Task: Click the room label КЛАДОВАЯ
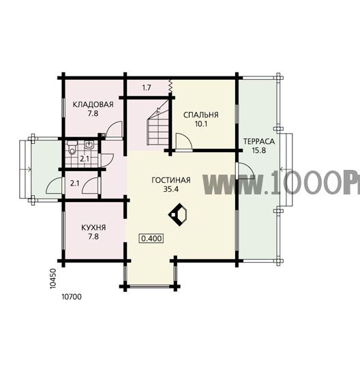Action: [x=93, y=104]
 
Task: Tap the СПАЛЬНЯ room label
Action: [x=201, y=115]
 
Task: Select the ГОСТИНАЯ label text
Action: [x=171, y=180]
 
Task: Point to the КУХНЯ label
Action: [x=93, y=227]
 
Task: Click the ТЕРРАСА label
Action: [x=259, y=141]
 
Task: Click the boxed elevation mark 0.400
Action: [x=151, y=238]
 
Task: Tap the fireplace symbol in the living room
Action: [x=178, y=214]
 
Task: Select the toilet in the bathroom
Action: [x=72, y=147]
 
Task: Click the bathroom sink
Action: [x=89, y=145]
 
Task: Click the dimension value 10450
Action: [x=53, y=279]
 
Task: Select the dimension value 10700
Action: [x=72, y=297]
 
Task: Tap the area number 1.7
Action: [x=147, y=88]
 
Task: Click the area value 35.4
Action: [x=171, y=189]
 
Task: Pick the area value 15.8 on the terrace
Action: [x=259, y=150]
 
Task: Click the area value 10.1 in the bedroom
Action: [x=201, y=124]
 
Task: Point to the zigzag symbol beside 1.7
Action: [x=170, y=87]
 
